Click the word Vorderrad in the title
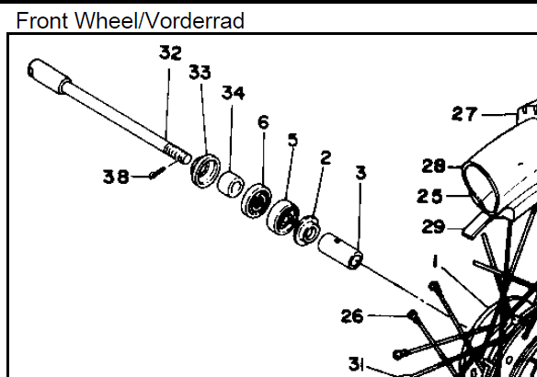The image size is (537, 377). point(196,20)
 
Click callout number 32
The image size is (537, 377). point(170,53)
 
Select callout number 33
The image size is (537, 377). point(200,73)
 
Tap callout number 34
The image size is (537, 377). point(234,93)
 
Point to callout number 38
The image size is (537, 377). point(116,177)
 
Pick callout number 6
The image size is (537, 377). point(263,122)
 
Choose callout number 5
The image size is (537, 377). point(292,140)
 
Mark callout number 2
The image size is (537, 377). point(326,158)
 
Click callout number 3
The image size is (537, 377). point(361,173)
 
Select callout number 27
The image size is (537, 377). point(464,114)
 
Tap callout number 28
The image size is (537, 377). point(434,166)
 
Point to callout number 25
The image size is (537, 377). point(429,197)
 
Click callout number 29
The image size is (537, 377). point(433,227)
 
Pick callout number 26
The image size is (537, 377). point(352,316)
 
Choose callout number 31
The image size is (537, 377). point(356,364)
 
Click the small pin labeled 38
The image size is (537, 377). point(157,172)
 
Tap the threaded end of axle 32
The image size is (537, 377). point(177,154)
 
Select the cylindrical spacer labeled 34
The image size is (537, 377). point(231,184)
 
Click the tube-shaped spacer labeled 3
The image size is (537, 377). point(340,251)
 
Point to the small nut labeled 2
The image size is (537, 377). point(307,231)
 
